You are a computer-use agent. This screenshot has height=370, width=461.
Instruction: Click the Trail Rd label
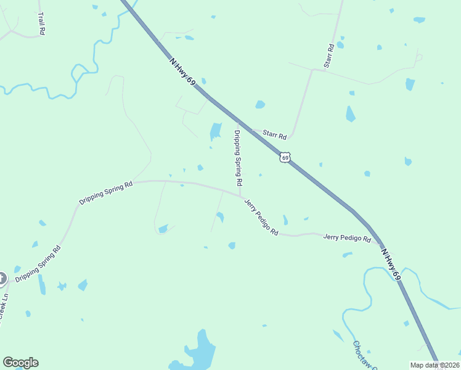pyautogui.click(x=41, y=23)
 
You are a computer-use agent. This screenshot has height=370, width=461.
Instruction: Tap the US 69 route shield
pyautogui.click(x=284, y=157)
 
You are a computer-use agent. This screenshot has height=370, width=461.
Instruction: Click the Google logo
pyautogui.click(x=20, y=363)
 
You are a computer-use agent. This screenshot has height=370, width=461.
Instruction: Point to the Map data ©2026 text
pyautogui.click(x=434, y=365)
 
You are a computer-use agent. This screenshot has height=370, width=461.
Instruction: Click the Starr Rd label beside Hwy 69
pyautogui.click(x=275, y=134)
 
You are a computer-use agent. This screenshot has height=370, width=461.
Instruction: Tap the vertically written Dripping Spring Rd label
pyautogui.click(x=237, y=158)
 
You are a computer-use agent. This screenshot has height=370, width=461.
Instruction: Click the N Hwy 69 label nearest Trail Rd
pyautogui.click(x=183, y=73)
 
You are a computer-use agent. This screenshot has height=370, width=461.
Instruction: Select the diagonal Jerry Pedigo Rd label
pyautogui.click(x=261, y=217)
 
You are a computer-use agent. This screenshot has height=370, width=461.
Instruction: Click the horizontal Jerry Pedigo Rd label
pyautogui.click(x=347, y=237)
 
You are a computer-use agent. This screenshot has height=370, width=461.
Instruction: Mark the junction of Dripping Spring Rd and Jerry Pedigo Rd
pyautogui.click(x=240, y=196)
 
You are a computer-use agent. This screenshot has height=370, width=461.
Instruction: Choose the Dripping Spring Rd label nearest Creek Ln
pyautogui.click(x=38, y=265)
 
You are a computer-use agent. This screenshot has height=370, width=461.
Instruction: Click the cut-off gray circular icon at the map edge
pyautogui.click(x=2, y=279)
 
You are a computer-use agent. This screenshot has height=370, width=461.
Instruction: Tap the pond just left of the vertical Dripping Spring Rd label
pyautogui.click(x=215, y=131)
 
